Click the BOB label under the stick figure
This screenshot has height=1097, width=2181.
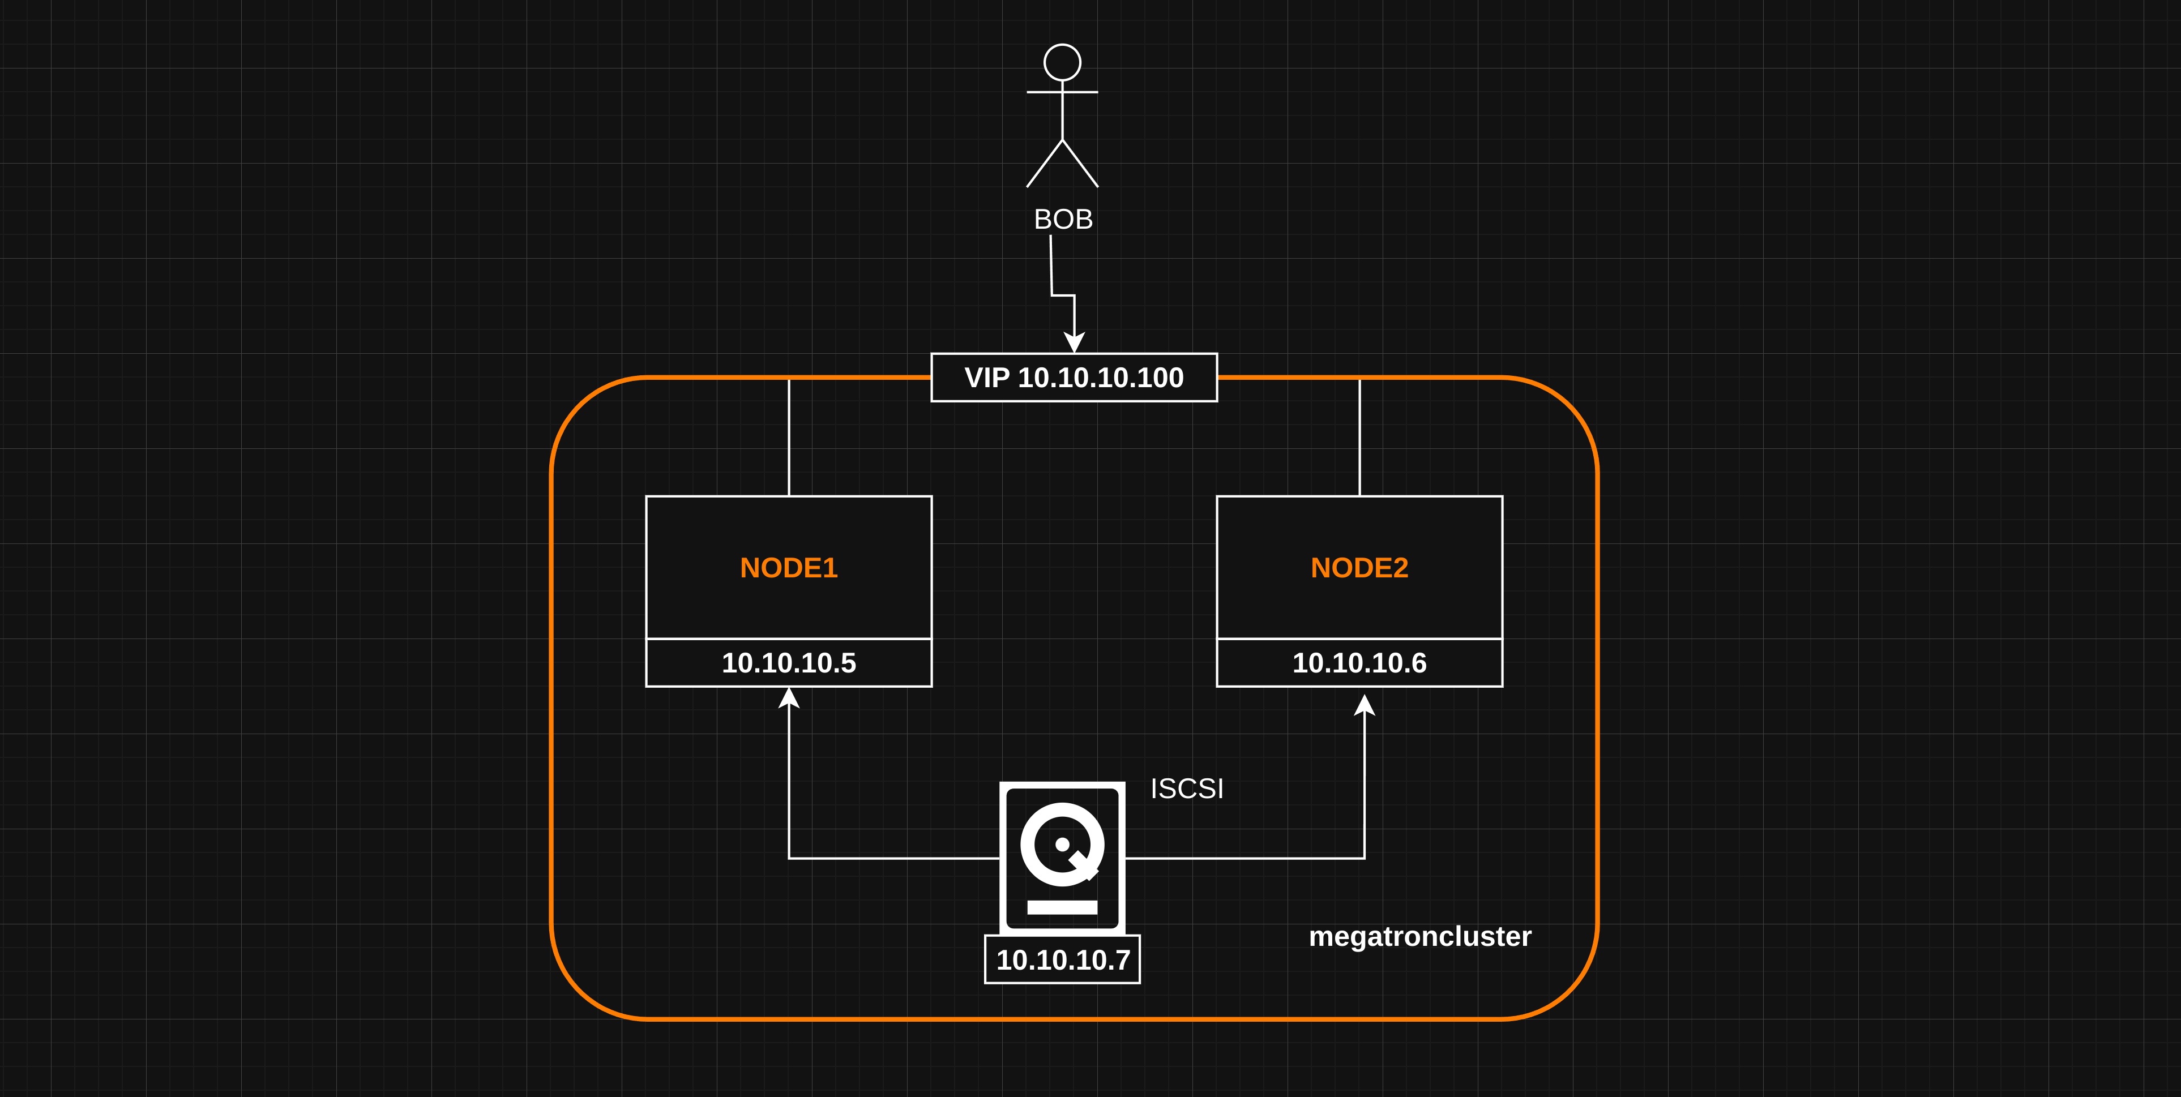coord(1063,219)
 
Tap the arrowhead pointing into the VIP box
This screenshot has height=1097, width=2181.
coord(1075,342)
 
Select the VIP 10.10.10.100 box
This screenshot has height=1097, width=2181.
coord(1074,378)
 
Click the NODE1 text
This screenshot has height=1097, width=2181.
coord(788,567)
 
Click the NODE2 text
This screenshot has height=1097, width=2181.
coord(1359,567)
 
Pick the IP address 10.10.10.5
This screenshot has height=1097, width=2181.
coord(788,663)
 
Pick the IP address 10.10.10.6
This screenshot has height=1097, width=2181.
coord(1359,663)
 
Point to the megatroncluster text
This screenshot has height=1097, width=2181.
coord(1420,936)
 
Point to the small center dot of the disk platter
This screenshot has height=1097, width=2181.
coord(1062,844)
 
